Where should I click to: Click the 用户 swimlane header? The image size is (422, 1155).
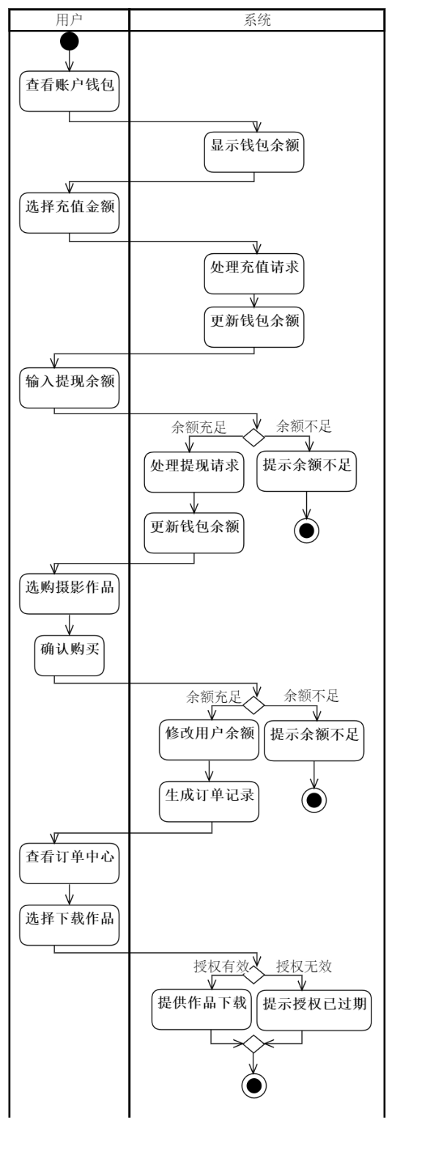pyautogui.click(x=69, y=20)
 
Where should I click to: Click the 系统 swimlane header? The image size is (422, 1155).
pyautogui.click(x=256, y=20)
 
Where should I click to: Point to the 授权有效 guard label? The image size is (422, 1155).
pyautogui.click(x=221, y=967)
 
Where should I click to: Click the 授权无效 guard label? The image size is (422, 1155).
pyautogui.click(x=304, y=967)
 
